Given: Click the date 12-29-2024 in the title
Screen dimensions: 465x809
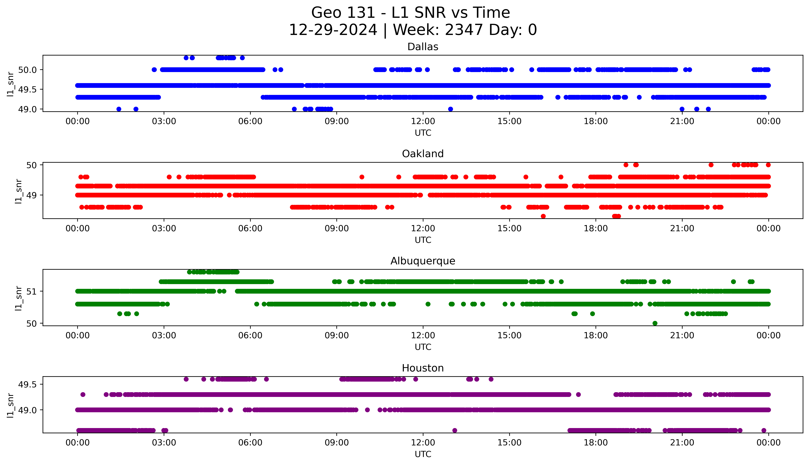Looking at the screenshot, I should click(333, 30).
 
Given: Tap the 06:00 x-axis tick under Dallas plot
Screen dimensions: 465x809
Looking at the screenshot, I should click(250, 121).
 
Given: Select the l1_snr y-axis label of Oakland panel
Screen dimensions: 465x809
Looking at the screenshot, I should click(19, 191).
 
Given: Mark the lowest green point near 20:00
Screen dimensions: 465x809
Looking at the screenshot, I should click(655, 323).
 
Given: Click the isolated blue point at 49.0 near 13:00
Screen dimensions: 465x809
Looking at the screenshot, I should click(450, 109).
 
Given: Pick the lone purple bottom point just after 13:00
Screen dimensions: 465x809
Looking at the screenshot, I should click(455, 431).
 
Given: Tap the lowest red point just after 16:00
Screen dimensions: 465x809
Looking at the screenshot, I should click(543, 216).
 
